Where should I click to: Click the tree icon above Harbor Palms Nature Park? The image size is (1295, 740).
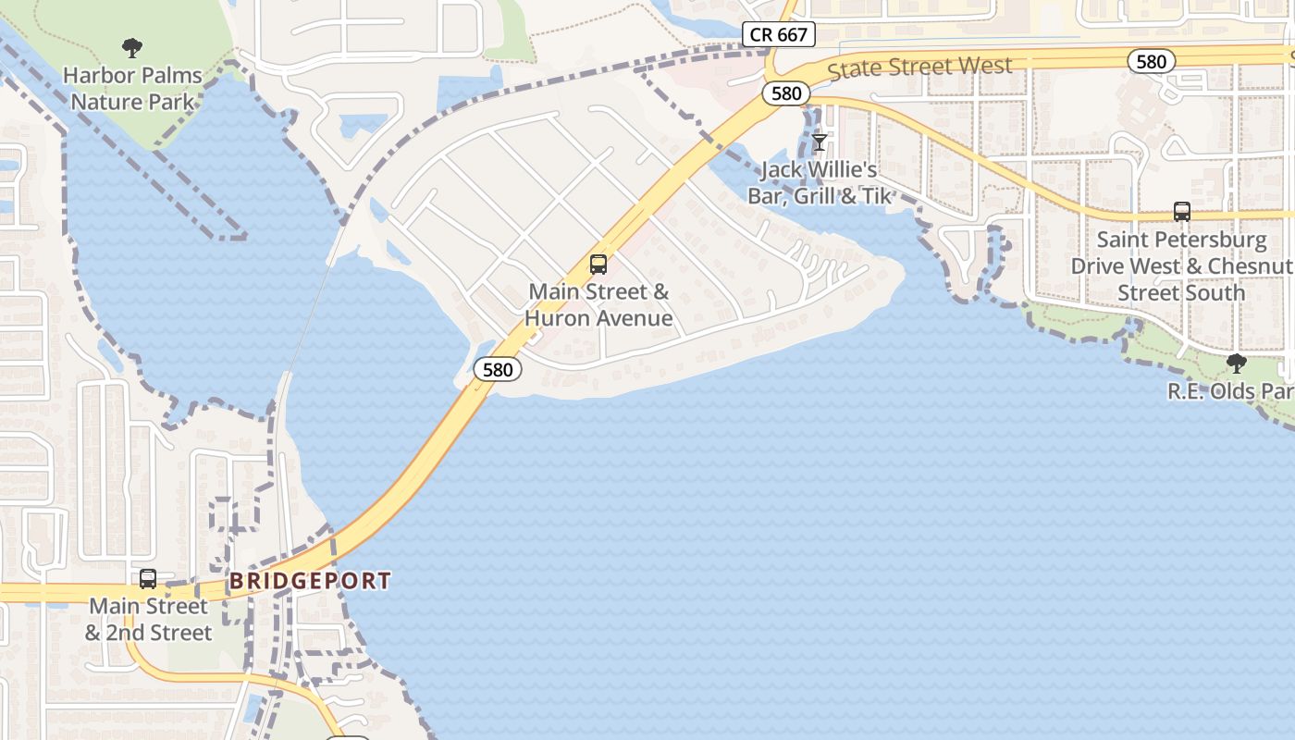coord(132,48)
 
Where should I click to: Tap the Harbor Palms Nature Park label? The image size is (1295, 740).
coord(132,88)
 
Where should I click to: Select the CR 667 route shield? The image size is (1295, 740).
coord(778,35)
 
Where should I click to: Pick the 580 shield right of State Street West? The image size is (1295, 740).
coord(1151,61)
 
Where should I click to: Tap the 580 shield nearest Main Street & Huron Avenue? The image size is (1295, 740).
coord(498,369)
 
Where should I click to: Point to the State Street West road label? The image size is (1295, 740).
coord(919,68)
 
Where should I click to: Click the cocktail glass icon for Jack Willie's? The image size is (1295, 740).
coord(819,142)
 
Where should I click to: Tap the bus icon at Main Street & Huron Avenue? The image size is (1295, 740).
coord(598,265)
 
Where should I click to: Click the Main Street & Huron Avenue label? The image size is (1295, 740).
coord(598,305)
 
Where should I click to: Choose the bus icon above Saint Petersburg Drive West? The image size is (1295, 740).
coord(1181,212)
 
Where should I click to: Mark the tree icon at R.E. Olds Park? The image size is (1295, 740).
coord(1236,364)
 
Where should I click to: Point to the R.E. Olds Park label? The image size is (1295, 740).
coord(1229,391)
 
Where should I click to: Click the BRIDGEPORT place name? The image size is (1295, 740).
coord(310,581)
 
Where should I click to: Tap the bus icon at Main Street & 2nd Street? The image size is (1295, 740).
coord(148,579)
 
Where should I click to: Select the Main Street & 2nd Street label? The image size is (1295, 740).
coord(149,620)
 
